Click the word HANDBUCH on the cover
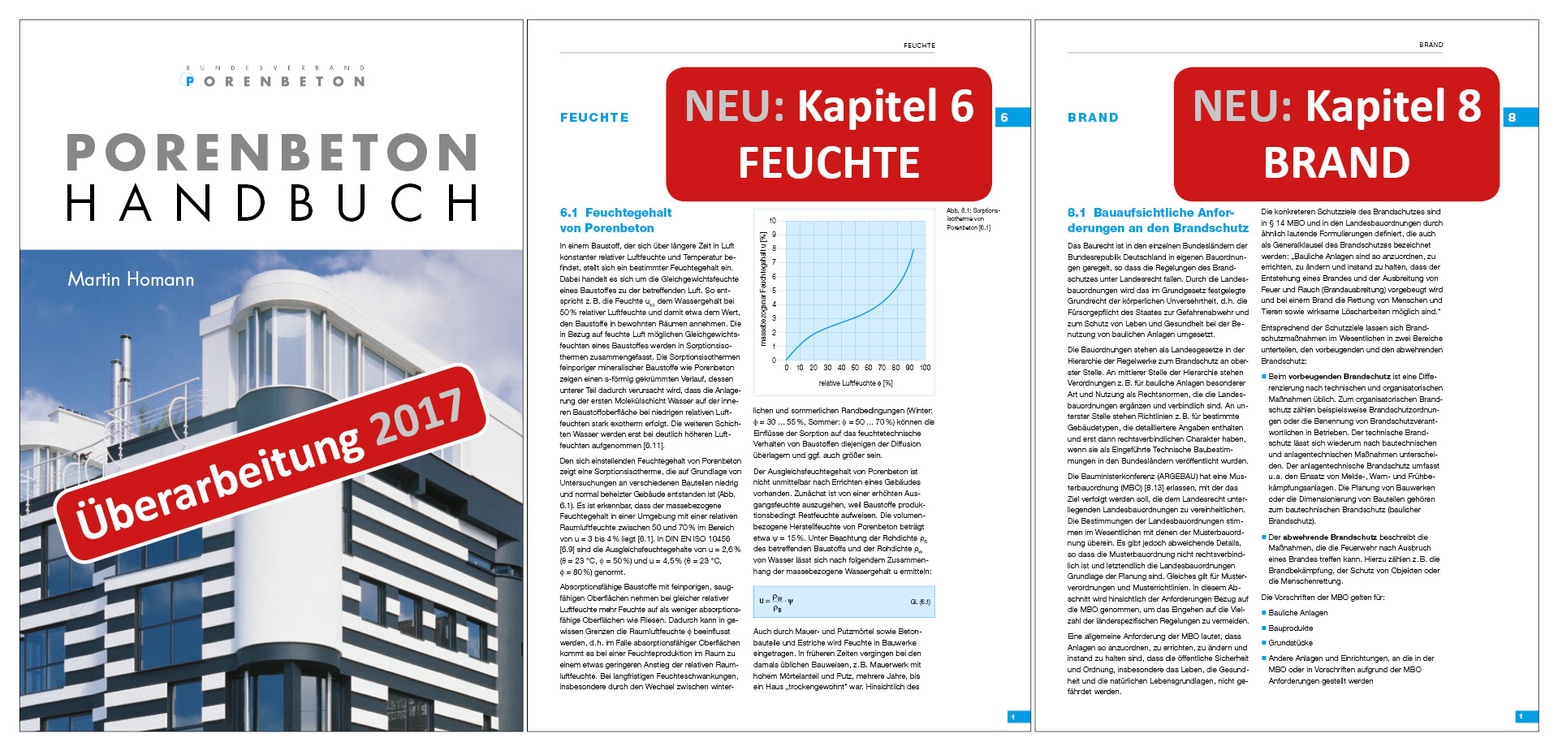tap(272, 203)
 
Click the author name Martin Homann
tap(131, 280)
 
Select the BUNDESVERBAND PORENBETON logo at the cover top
tap(275, 76)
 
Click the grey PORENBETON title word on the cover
tap(272, 152)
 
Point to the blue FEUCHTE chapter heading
tap(594, 118)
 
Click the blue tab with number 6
tap(1012, 118)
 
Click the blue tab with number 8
tap(1519, 118)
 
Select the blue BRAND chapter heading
tap(1093, 118)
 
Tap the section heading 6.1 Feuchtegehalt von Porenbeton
tap(615, 220)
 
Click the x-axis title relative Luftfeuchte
tap(855, 383)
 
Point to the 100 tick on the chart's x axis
tap(925, 368)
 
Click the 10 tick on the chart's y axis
tap(772, 221)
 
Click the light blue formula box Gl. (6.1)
tap(844, 602)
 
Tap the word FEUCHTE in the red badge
tap(828, 162)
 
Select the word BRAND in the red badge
tap(1336, 162)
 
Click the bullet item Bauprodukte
tap(1290, 628)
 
